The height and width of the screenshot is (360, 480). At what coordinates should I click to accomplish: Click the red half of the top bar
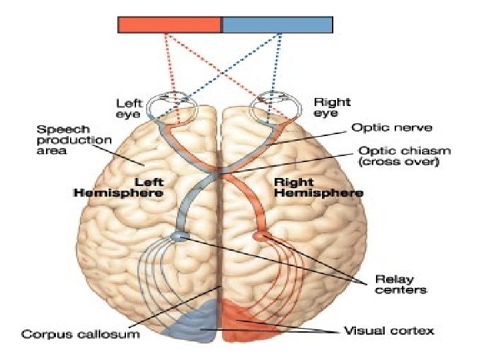pos(169,25)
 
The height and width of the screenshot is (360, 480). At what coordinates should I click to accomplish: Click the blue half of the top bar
pos(277,25)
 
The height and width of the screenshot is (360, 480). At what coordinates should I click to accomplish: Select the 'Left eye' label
pos(129,108)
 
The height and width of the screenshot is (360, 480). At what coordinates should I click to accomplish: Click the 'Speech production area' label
pos(73,139)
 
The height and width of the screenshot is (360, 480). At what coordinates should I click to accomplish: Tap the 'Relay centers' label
pos(400,284)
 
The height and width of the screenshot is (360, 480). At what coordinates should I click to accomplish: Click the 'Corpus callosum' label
pos(81,333)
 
